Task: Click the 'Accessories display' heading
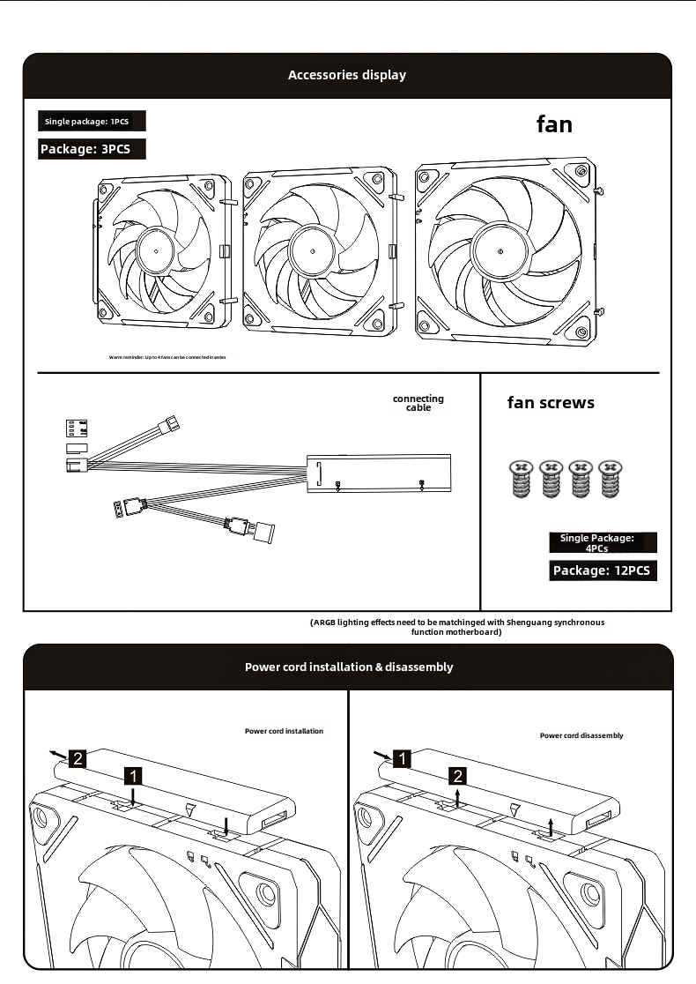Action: pos(347,75)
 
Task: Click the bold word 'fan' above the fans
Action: pos(554,124)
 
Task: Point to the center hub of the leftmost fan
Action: pos(156,250)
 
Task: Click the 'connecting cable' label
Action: pos(418,403)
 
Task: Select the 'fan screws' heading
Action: pos(551,403)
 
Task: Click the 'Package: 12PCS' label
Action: pos(602,570)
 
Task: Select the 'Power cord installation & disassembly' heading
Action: pos(349,667)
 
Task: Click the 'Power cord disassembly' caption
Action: pos(581,735)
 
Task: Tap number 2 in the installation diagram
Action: pos(77,757)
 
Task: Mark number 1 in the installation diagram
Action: pos(132,776)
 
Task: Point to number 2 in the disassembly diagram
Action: pos(458,776)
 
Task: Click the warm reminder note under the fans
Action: pos(167,358)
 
